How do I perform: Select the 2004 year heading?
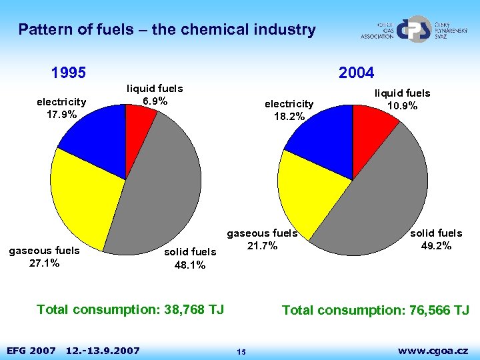coord(356,72)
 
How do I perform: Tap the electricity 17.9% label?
coord(61,108)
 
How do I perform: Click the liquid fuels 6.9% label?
coord(155,95)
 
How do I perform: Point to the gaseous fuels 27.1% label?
coord(44,257)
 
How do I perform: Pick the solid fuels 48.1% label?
coord(190,259)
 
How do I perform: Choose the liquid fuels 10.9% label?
coord(402,100)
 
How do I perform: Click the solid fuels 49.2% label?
coord(436,239)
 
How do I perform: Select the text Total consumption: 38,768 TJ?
coord(131,309)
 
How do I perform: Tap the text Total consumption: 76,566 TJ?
coord(375,310)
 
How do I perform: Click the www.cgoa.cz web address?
coord(433,350)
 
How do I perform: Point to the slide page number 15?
coord(241,351)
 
